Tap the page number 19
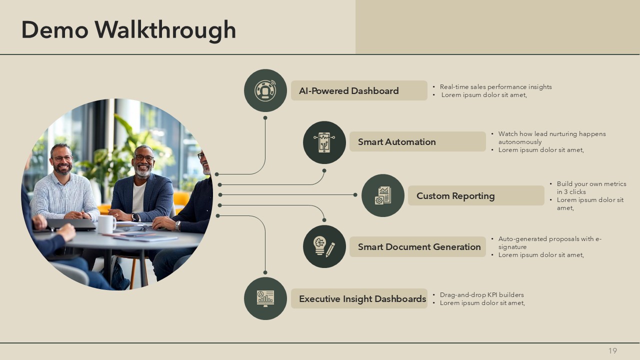tap(612, 350)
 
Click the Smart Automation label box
tap(417, 141)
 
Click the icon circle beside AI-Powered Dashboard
tap(265, 90)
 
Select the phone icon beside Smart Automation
tap(324, 142)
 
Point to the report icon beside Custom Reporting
tap(383, 195)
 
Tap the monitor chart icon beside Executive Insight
tap(265, 298)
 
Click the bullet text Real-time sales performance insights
tap(495, 87)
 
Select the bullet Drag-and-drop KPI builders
tap(481, 295)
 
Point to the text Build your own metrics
tap(591, 184)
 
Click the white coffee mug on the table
tap(106, 224)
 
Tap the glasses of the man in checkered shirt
tap(62, 158)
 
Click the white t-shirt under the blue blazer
tap(139, 197)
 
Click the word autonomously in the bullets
tap(520, 142)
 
